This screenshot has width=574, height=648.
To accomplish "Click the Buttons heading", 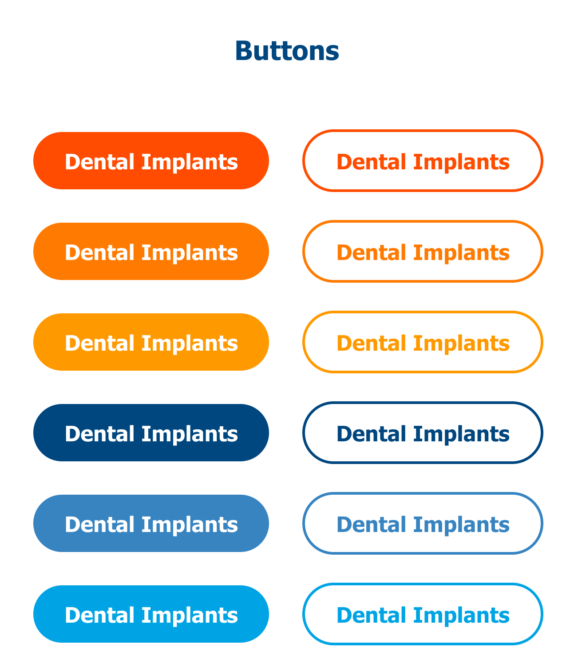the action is click(287, 51).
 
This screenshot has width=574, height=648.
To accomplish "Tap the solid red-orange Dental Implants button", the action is click(151, 160).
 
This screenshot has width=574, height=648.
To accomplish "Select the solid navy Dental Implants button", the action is click(151, 432).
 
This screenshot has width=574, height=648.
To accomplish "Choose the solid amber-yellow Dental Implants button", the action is click(151, 342).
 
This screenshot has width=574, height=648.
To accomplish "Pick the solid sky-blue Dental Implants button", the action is click(151, 614).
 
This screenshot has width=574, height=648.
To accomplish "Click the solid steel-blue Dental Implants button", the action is click(151, 523).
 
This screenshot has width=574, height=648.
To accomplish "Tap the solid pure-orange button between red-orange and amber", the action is click(151, 251).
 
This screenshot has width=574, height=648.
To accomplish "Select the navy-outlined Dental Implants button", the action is click(423, 432).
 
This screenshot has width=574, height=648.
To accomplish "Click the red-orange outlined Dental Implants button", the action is click(423, 160).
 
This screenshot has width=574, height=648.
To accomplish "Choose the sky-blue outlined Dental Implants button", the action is click(423, 614).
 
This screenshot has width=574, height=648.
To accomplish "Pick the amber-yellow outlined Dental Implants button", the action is click(423, 342).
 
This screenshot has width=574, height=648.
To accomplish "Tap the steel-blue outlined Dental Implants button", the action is click(423, 523).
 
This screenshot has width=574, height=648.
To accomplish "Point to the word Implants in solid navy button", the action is click(190, 435).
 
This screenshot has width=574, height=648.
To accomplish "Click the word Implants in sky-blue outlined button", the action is click(462, 616).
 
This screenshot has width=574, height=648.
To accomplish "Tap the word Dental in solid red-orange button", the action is click(99, 162).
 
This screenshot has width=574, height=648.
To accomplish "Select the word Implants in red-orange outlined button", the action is click(462, 163).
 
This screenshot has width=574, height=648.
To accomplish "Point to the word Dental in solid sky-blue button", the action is click(99, 615).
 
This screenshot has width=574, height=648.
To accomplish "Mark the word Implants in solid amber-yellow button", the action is click(190, 344).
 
